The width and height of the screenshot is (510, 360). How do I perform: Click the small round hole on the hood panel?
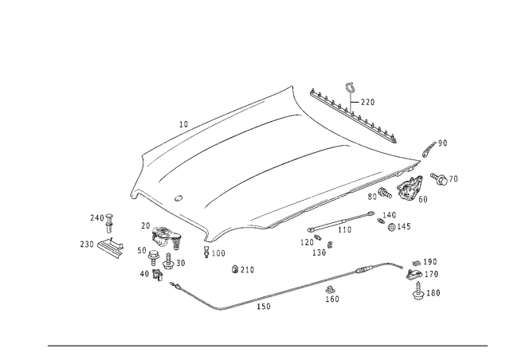(178, 197)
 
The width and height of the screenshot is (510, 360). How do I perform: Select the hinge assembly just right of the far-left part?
(163, 239)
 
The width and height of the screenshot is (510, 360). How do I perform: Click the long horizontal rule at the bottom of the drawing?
(267, 345)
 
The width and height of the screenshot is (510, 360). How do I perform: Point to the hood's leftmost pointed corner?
(131, 192)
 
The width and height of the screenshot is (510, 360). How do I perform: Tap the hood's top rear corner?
(296, 86)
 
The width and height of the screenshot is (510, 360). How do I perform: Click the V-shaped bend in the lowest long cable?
(221, 309)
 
